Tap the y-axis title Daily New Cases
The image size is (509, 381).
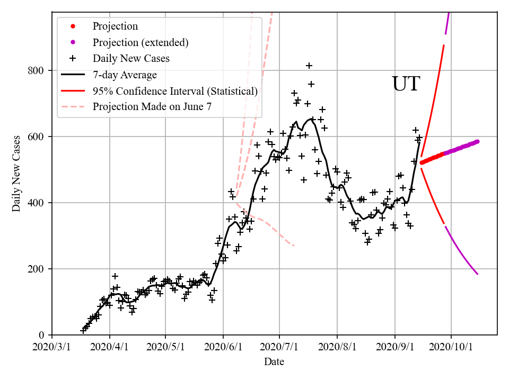(x=16, y=174)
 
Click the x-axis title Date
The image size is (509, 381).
(x=274, y=362)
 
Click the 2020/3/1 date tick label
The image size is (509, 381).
(x=52, y=347)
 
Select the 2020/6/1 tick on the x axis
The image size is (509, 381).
(x=224, y=347)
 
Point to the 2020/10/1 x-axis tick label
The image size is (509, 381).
(x=451, y=347)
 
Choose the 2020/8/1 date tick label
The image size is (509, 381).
(x=337, y=347)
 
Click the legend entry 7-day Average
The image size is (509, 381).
(x=125, y=75)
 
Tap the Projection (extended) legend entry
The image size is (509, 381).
(x=141, y=42)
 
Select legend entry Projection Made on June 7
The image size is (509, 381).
(x=152, y=107)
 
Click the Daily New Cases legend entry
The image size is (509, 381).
(x=131, y=58)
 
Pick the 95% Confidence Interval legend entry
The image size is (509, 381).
(x=175, y=91)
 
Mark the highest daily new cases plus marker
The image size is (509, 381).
(x=309, y=66)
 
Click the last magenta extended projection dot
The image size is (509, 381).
(x=477, y=141)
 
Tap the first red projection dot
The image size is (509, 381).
(x=422, y=162)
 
